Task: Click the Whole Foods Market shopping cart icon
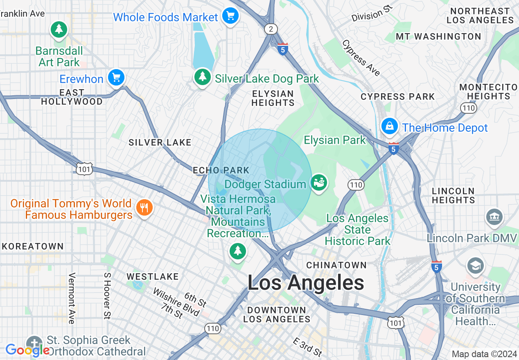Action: tap(230, 16)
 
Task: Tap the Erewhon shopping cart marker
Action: tap(116, 77)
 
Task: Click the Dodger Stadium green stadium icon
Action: tap(319, 182)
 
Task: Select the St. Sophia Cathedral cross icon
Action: tap(34, 343)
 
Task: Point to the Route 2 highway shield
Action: tap(271, 29)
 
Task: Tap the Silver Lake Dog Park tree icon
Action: tap(202, 76)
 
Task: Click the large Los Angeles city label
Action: tap(306, 283)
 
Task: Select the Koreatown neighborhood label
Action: tap(32, 246)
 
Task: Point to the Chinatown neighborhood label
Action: tap(336, 265)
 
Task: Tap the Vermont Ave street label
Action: tap(72, 298)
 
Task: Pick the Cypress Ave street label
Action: tap(361, 58)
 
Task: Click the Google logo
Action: tap(27, 351)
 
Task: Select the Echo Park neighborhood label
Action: tap(221, 170)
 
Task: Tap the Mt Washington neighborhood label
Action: tap(438, 36)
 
